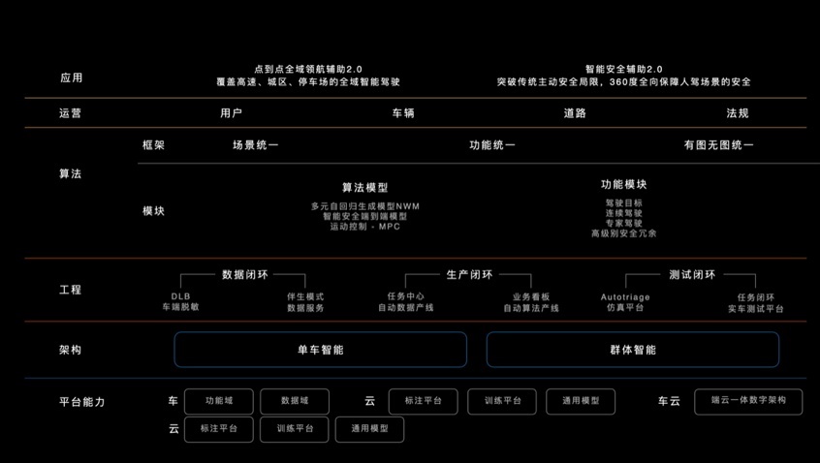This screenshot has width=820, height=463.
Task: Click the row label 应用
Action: tap(71, 77)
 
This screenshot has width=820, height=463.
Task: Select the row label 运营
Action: tap(70, 113)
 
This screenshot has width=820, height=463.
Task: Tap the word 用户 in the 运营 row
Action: tap(231, 113)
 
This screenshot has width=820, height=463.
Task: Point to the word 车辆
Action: tap(403, 113)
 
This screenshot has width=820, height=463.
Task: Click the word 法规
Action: tap(738, 113)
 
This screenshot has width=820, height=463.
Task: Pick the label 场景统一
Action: tap(256, 144)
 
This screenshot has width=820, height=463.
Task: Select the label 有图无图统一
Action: tap(718, 144)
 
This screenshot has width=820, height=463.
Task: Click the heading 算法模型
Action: tap(365, 187)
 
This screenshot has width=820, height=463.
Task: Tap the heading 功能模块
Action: tap(624, 184)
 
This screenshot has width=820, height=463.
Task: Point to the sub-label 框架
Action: tap(154, 144)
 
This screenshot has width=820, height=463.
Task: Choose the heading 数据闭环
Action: tap(245, 274)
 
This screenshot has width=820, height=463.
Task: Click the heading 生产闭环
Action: tap(470, 274)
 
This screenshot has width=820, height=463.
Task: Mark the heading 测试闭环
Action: tap(692, 274)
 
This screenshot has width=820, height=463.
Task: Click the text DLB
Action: tap(180, 296)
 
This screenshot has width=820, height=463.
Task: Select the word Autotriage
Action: tap(625, 296)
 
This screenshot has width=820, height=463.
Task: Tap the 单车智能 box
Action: tap(321, 350)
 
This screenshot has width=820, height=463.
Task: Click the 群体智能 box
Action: tap(633, 350)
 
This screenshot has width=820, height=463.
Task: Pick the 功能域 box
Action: tap(219, 401)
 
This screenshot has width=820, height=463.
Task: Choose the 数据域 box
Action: tap(295, 401)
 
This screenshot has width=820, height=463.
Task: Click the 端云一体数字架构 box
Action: tap(748, 401)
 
